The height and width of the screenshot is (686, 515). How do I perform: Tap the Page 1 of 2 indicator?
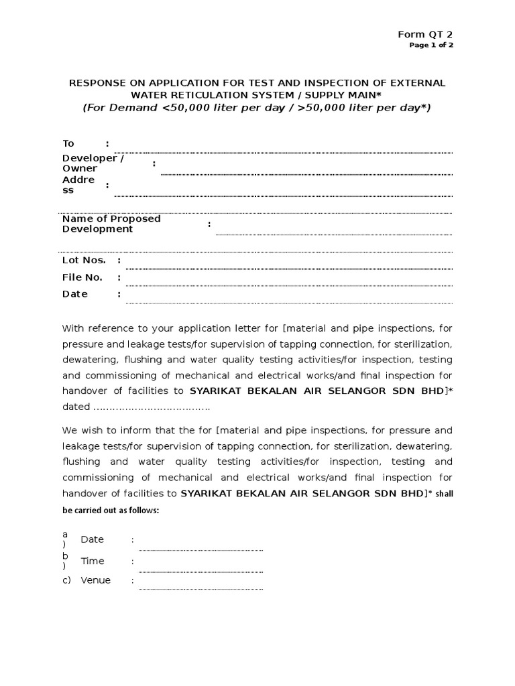[x=431, y=46]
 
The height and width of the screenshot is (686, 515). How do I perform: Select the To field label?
[x=68, y=143]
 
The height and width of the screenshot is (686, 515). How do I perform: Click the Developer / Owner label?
[x=93, y=163]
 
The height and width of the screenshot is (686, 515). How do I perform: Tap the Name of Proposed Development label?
[x=111, y=224]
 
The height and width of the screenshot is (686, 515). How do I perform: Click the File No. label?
[x=82, y=277]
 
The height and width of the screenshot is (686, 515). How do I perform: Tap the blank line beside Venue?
[x=201, y=588]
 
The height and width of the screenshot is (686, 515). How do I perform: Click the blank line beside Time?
[x=201, y=569]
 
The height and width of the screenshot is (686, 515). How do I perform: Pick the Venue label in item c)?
[x=95, y=580]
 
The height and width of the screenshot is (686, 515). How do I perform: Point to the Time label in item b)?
[x=93, y=561]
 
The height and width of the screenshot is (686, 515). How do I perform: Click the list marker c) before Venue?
[x=66, y=580]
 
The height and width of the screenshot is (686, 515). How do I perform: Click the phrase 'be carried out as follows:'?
[x=111, y=510]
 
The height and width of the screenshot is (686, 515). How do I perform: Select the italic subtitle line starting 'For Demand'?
[x=257, y=108]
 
